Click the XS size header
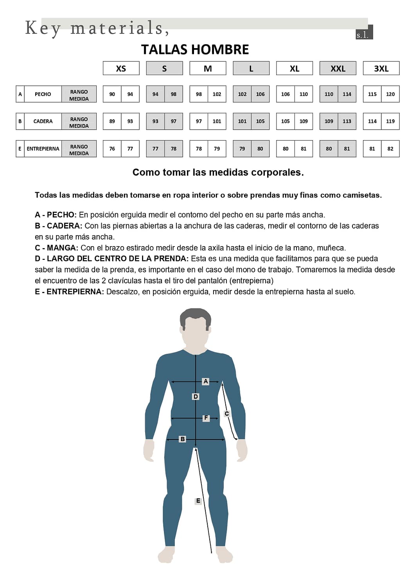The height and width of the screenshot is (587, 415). tap(121, 68)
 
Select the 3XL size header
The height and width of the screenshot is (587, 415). tap(381, 68)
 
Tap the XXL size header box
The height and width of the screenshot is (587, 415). tap(338, 68)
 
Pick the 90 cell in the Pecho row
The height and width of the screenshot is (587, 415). tap(112, 94)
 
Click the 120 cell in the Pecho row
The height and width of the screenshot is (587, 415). tap(390, 94)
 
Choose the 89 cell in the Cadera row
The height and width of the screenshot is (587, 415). tap(112, 121)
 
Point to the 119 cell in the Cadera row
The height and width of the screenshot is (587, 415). tap(390, 121)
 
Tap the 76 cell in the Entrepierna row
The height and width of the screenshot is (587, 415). tap(112, 149)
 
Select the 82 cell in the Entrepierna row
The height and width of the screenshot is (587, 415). tap(390, 149)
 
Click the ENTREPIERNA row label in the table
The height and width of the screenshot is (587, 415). tap(43, 149)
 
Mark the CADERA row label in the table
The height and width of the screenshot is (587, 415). tap(43, 121)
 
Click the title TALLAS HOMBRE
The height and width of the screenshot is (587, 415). tap(195, 50)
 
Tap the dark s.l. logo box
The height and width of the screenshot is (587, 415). tap(364, 33)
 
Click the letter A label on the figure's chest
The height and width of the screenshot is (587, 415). tap(206, 381)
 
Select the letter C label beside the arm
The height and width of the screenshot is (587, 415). tap(226, 414)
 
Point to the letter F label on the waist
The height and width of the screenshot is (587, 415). tap(206, 418)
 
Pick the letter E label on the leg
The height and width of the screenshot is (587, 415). tap(198, 501)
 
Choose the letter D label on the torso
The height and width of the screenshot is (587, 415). tap(196, 396)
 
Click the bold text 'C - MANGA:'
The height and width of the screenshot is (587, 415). tap(56, 248)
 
